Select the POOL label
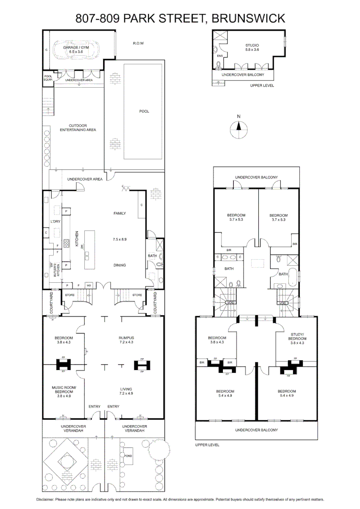[144, 112]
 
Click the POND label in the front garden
[128, 456]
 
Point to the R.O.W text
[138, 43]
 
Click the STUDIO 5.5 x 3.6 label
[252, 47]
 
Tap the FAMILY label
[120, 213]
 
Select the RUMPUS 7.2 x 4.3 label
[127, 340]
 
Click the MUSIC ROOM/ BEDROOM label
[63, 389]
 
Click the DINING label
[120, 265]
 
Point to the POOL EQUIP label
[48, 78]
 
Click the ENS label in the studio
[219, 56]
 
